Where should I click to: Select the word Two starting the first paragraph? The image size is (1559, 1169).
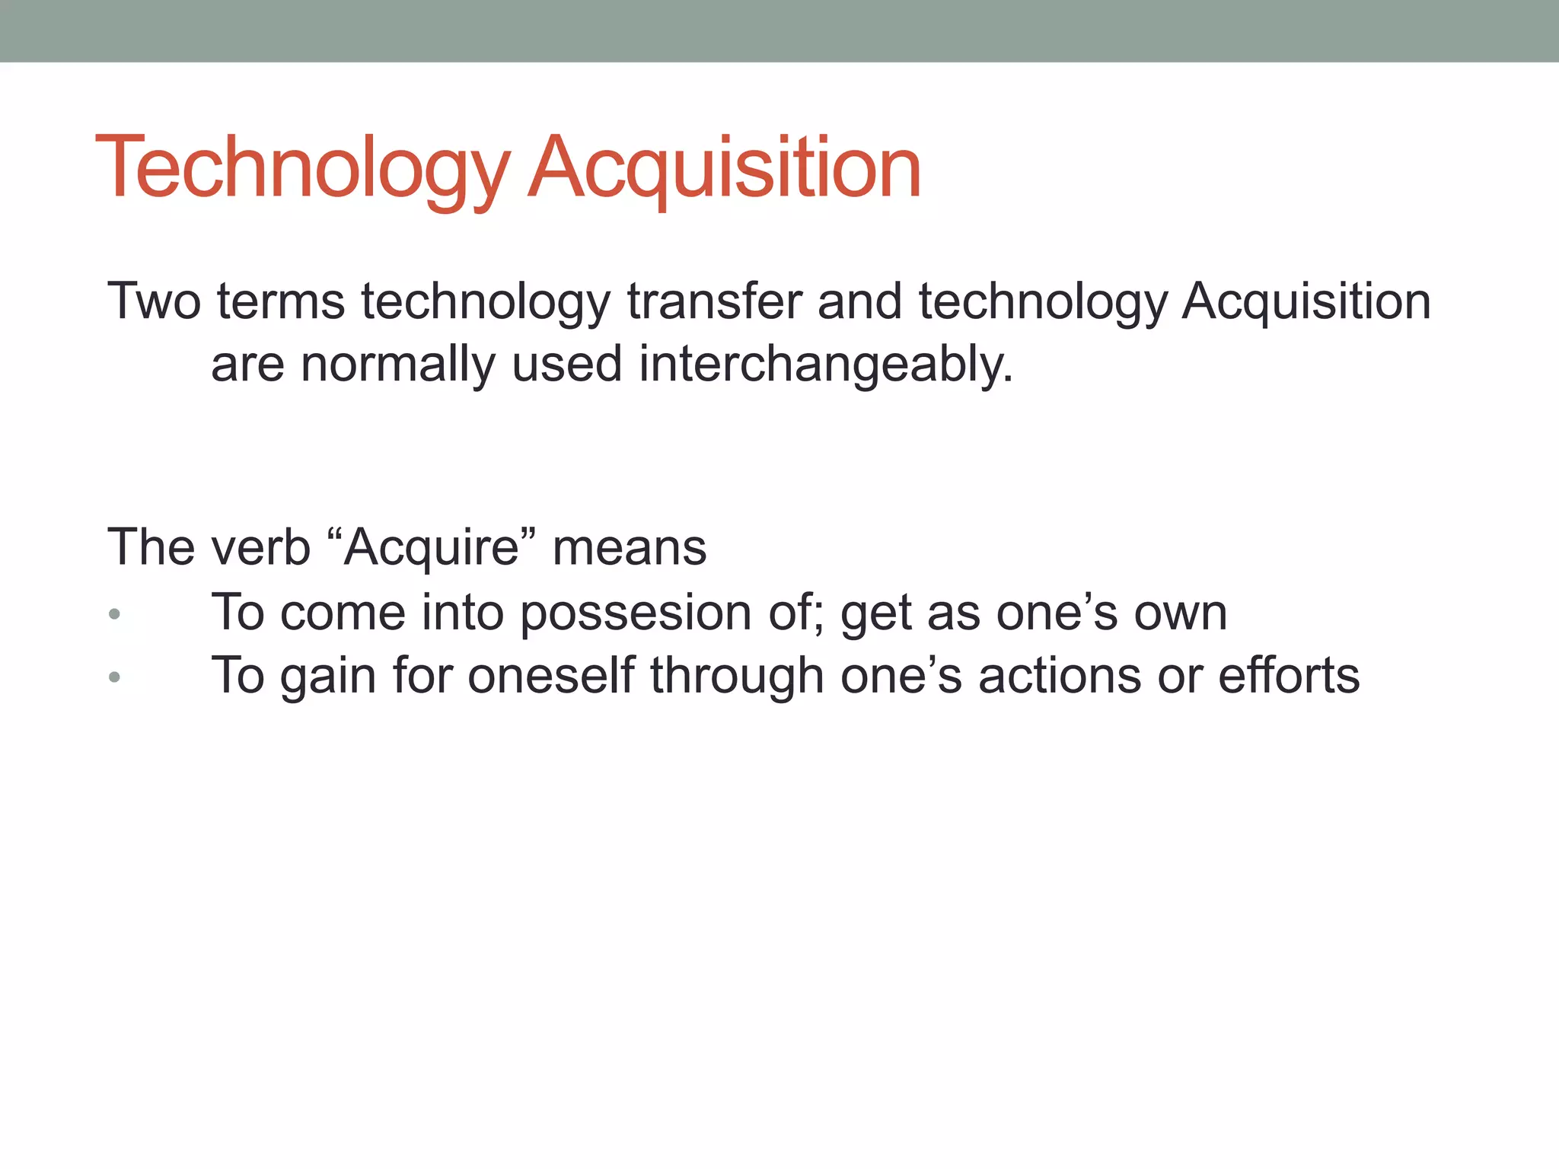tap(154, 301)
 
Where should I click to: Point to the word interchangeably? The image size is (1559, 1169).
tap(826, 365)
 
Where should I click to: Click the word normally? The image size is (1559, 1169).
tap(398, 365)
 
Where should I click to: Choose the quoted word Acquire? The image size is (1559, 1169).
tap(432, 547)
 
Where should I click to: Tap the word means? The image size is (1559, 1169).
tap(630, 547)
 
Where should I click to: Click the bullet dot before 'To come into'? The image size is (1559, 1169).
tap(114, 613)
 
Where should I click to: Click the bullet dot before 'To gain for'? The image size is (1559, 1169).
tap(114, 676)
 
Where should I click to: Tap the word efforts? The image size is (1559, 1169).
tap(1289, 676)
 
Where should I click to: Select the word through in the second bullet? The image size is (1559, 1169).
tap(737, 676)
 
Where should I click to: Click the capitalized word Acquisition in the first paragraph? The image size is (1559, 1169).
tap(1306, 301)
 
